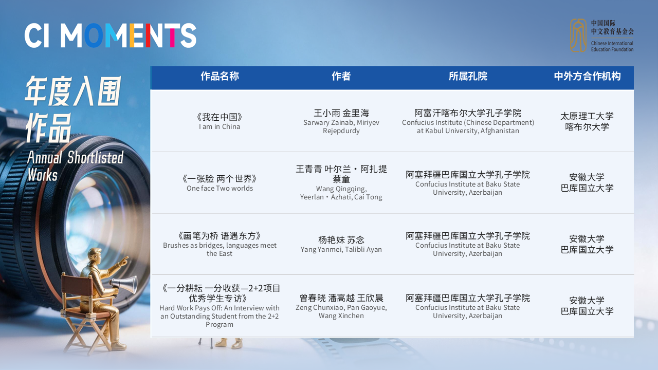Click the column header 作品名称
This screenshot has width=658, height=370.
coord(220,77)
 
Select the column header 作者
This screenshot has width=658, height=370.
coord(341,77)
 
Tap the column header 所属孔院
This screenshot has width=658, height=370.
coord(468,77)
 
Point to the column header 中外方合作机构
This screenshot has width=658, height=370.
coord(587,77)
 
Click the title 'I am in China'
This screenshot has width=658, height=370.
coord(220,126)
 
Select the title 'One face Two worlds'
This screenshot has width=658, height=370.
coord(220,188)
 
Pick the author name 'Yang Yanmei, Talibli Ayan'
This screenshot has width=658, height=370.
coord(341,249)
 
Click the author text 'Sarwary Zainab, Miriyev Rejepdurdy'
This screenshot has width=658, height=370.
coord(341,126)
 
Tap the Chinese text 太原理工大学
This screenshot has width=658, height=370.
coord(587,116)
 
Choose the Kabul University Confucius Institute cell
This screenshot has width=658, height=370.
coord(468,121)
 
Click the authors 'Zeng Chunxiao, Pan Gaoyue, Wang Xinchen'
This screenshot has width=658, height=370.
coord(341,311)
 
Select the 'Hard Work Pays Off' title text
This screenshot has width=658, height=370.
coord(220,316)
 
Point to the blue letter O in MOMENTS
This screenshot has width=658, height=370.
coord(94,35)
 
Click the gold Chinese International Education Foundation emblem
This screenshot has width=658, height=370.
coord(578,35)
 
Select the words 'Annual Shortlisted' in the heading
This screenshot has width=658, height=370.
coord(75,157)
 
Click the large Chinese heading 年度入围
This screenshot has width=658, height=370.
coord(73,91)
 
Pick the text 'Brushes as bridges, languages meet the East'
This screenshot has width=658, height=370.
coord(220,249)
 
